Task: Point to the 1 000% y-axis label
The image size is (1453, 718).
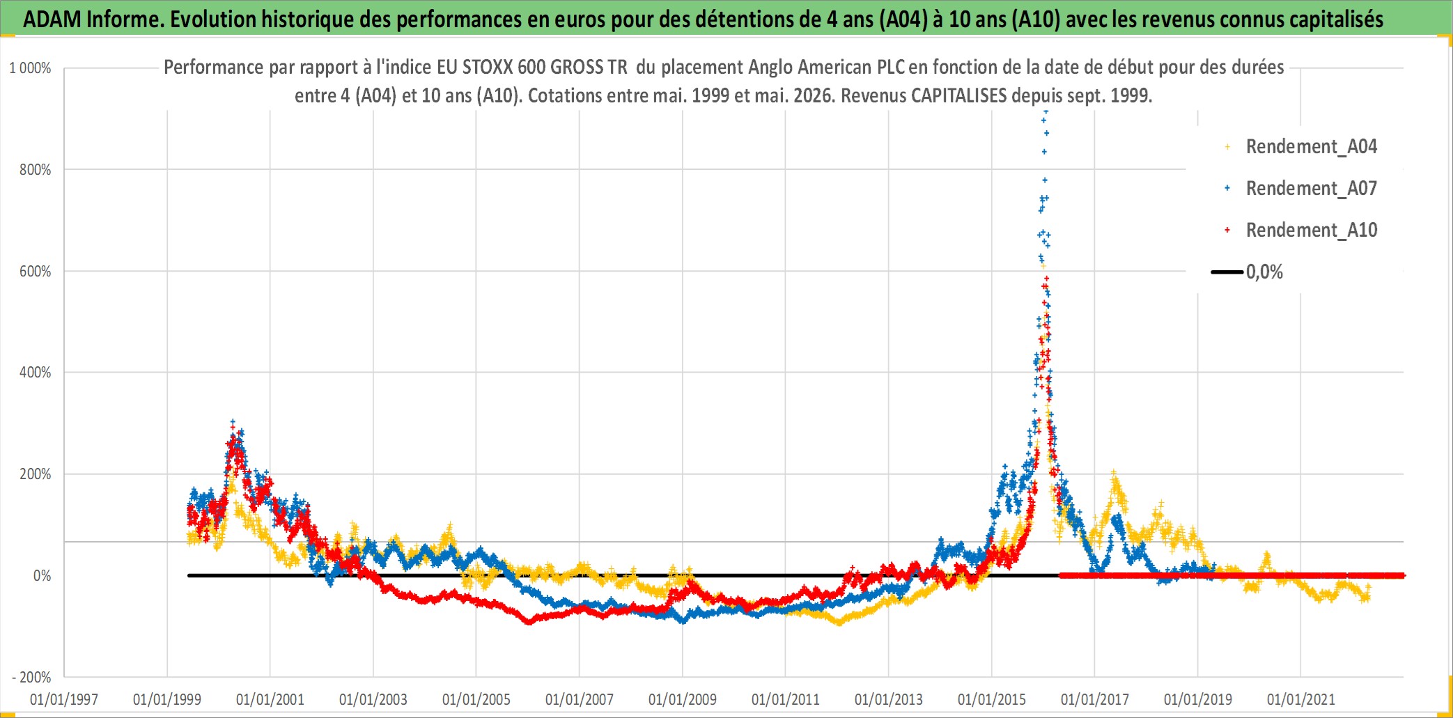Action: click(30, 68)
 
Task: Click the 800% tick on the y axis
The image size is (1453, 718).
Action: click(36, 170)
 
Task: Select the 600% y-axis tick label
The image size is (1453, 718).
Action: click(36, 272)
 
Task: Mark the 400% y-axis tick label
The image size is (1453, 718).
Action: click(36, 373)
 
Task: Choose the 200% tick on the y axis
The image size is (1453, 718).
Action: click(36, 474)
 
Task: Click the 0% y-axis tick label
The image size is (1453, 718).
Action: click(42, 576)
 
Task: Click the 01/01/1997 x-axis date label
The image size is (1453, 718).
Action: click(64, 699)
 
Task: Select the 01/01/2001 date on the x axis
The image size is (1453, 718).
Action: click(270, 699)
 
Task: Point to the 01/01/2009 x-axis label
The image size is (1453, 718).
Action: click(683, 699)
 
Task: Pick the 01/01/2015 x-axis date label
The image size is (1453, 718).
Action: click(992, 699)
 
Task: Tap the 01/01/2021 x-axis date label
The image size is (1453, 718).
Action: click(1301, 699)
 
